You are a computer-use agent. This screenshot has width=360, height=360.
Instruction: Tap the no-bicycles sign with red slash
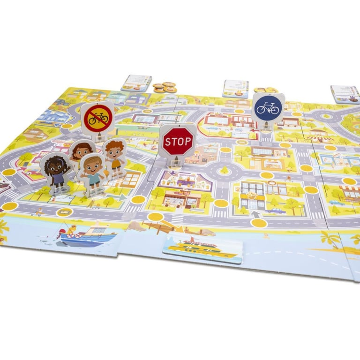[98, 117]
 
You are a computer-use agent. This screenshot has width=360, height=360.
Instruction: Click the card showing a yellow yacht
[203, 247]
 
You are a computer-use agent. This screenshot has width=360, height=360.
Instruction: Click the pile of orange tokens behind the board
[165, 87]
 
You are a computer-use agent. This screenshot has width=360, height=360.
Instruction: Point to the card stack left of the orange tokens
[136, 83]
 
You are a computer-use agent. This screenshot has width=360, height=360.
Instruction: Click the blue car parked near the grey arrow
[276, 211]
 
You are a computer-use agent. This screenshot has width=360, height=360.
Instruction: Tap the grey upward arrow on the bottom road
[255, 216]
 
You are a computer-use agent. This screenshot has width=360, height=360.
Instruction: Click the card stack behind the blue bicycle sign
[236, 88]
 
